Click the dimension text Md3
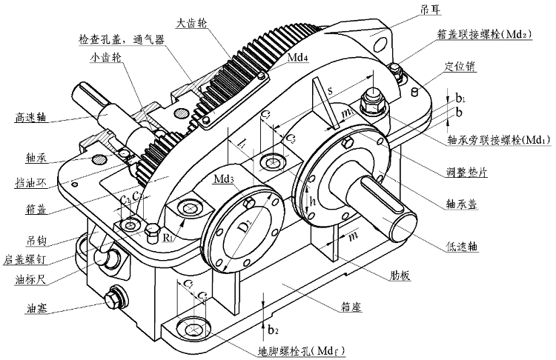pos(225,179)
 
